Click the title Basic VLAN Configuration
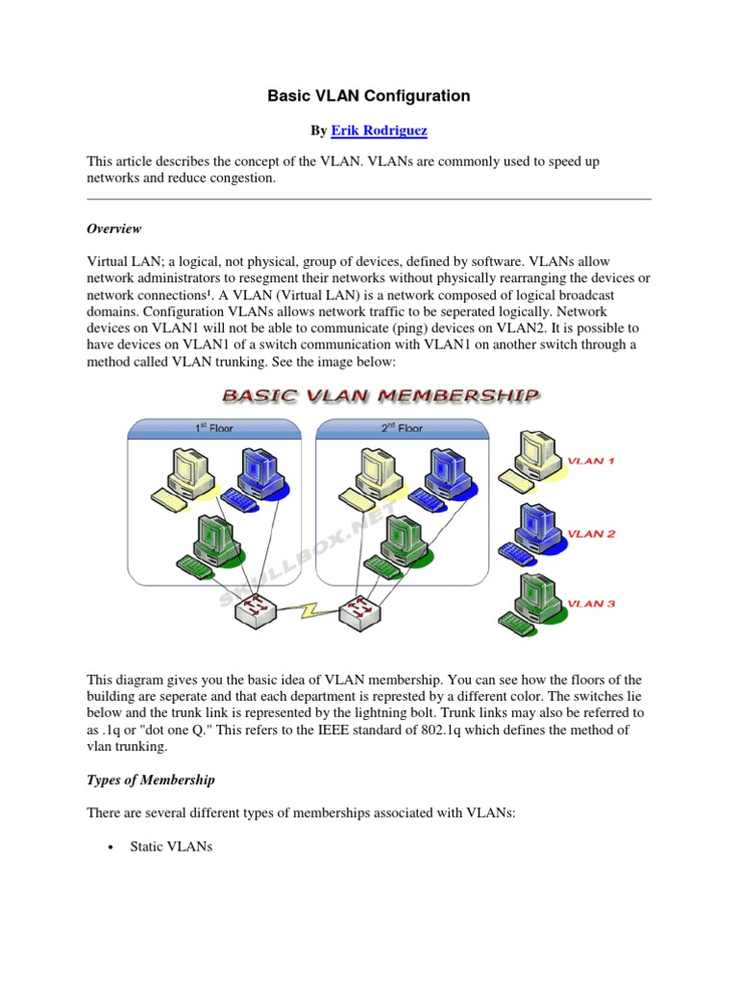point(369,96)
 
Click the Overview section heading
point(114,228)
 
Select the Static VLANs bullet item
point(170,849)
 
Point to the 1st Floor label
point(213,427)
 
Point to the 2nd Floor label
point(401,427)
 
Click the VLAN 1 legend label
point(591,461)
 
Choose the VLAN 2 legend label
point(591,534)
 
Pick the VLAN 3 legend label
point(591,604)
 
